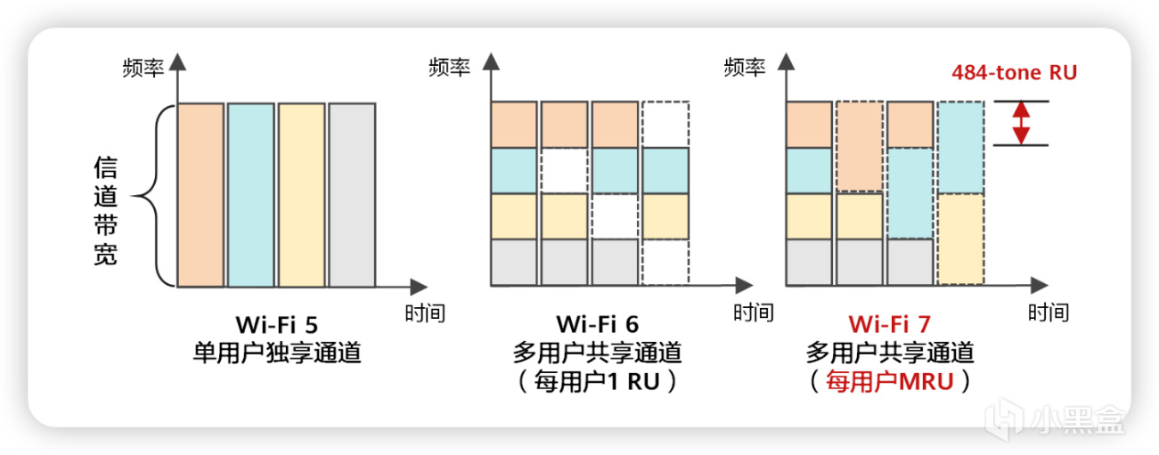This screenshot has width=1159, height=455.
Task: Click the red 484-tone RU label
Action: (1014, 72)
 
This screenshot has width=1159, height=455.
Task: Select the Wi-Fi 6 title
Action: (597, 322)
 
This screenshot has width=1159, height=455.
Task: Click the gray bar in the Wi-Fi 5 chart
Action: (352, 196)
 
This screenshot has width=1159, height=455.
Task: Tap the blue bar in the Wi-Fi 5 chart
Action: (251, 196)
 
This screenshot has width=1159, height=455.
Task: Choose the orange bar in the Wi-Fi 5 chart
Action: (201, 196)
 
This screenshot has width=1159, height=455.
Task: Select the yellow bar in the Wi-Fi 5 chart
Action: (301, 196)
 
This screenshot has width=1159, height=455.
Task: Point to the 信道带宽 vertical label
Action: (106, 212)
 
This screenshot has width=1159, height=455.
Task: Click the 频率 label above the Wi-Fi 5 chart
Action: (143, 68)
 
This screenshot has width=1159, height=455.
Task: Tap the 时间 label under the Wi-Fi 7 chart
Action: (1048, 313)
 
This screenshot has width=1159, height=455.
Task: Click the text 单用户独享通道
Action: (277, 353)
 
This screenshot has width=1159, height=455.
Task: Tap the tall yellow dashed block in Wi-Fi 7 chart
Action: (960, 239)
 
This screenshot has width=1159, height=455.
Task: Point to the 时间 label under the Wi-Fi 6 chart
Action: (754, 313)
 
